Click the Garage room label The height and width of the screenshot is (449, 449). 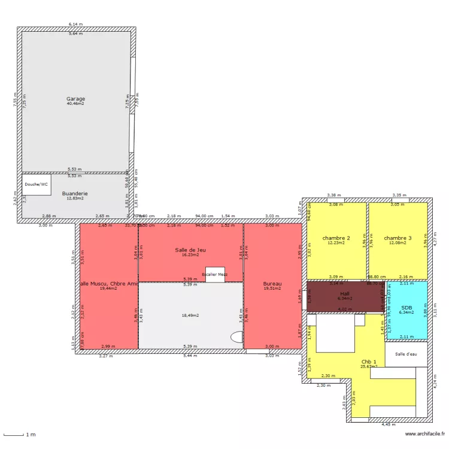click(75, 99)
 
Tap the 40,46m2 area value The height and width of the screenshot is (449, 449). click(75, 104)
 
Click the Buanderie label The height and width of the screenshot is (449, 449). click(75, 193)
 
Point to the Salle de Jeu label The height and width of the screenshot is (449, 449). click(190, 250)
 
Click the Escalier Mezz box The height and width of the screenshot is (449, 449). click(215, 274)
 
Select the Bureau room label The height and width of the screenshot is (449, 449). click(272, 283)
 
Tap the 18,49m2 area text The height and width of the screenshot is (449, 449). click(190, 315)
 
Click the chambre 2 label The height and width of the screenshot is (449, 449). click(336, 238)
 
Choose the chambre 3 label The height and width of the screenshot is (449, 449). click(398, 238)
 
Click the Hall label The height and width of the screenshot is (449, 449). click(344, 293)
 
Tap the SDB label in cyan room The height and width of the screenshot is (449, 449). click(406, 307)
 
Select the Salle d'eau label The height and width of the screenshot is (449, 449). click(406, 354)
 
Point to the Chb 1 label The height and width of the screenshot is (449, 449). click(369, 362)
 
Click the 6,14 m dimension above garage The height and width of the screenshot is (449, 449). click(75, 24)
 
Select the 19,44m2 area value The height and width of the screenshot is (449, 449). click(108, 288)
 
